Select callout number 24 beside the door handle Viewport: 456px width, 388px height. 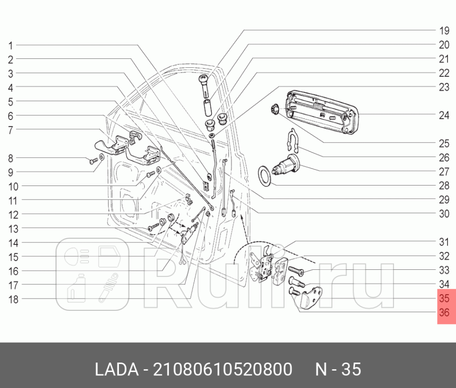pos(444,115)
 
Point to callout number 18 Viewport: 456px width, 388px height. pos(13,299)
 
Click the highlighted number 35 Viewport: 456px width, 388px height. pos(444,299)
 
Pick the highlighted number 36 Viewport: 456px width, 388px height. pos(444,313)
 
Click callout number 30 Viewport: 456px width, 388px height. pos(444,214)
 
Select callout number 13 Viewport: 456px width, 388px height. pos(13,229)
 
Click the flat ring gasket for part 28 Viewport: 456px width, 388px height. pos(266,176)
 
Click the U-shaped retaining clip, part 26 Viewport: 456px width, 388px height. pos(292,140)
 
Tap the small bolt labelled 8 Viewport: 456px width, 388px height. pos(92,161)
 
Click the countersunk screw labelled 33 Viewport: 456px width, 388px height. pos(295,271)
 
